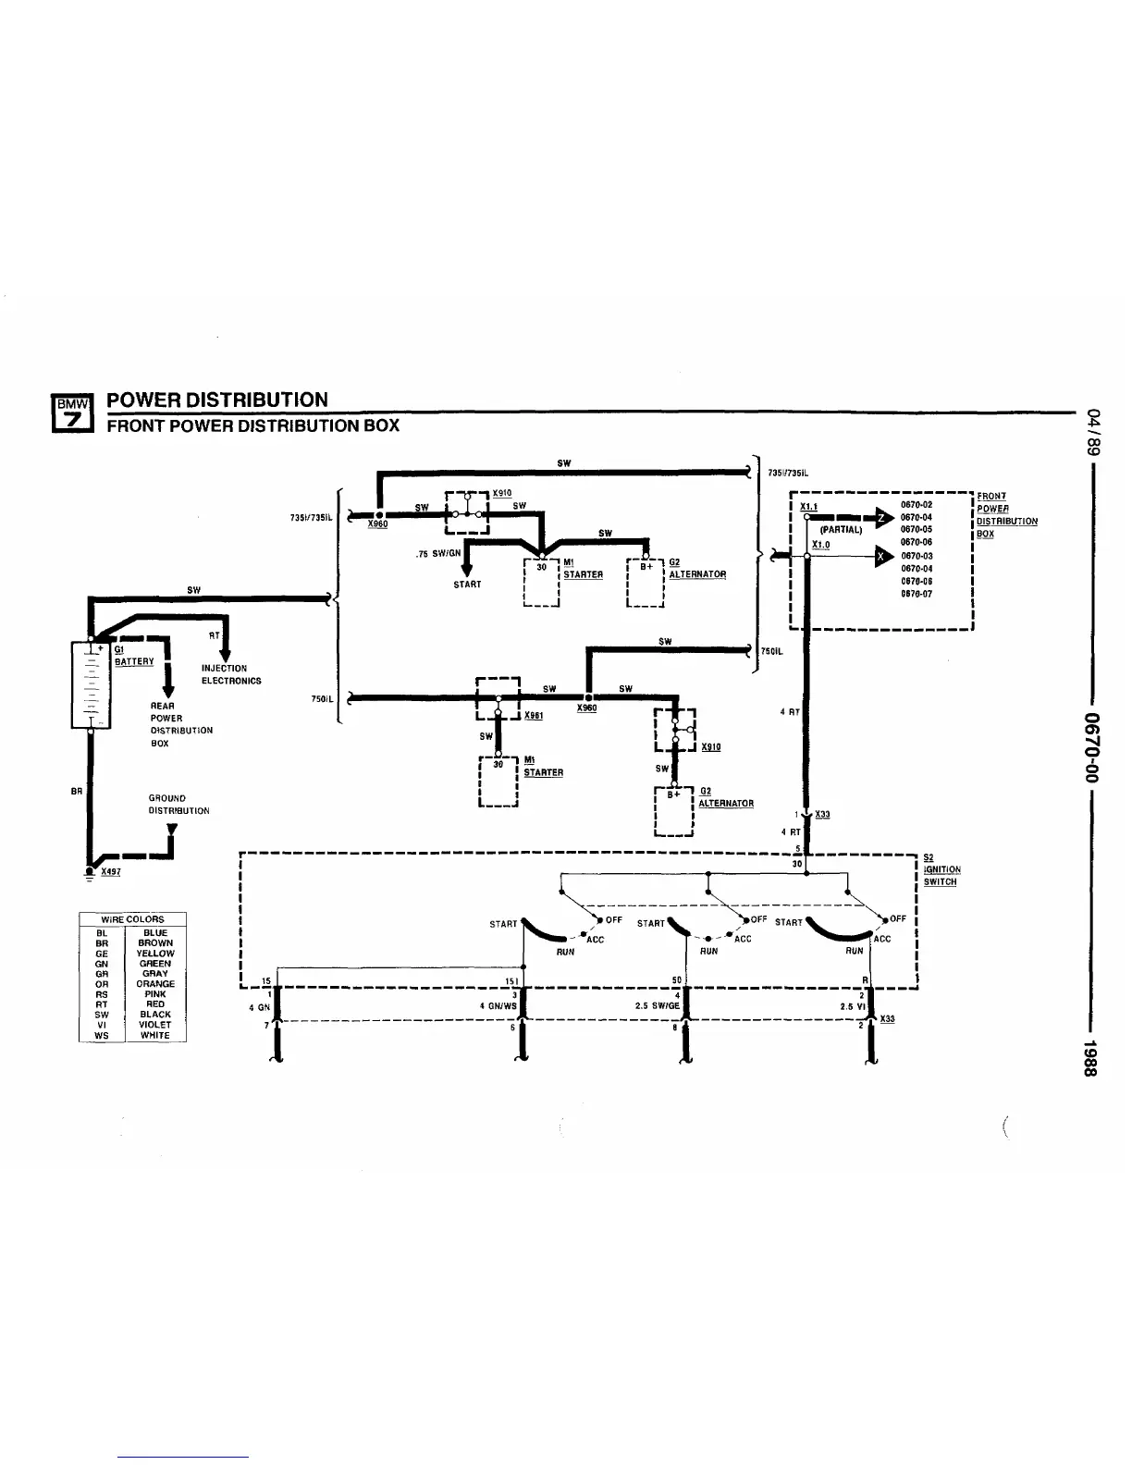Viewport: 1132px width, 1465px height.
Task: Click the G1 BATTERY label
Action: point(133,656)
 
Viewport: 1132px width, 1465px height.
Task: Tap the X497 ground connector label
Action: point(111,871)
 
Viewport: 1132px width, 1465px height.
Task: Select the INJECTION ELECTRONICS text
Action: point(231,674)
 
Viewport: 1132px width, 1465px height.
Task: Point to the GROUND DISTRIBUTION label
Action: point(178,804)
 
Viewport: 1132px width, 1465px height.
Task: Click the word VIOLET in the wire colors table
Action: point(155,1025)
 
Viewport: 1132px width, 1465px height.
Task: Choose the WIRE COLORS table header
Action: point(132,919)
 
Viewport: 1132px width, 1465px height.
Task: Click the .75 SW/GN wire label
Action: point(437,554)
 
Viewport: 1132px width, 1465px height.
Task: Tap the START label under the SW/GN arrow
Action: point(467,585)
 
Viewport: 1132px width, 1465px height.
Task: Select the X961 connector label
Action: point(533,715)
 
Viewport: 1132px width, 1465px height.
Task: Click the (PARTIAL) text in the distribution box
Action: point(841,530)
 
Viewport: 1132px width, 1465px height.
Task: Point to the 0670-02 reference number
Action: point(916,505)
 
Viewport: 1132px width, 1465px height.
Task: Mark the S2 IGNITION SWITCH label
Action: point(941,869)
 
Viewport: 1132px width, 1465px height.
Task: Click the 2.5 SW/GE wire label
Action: point(657,1007)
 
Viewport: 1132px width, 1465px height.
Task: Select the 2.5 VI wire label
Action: point(851,1007)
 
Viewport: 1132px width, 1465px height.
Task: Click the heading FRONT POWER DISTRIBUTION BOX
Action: point(253,425)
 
